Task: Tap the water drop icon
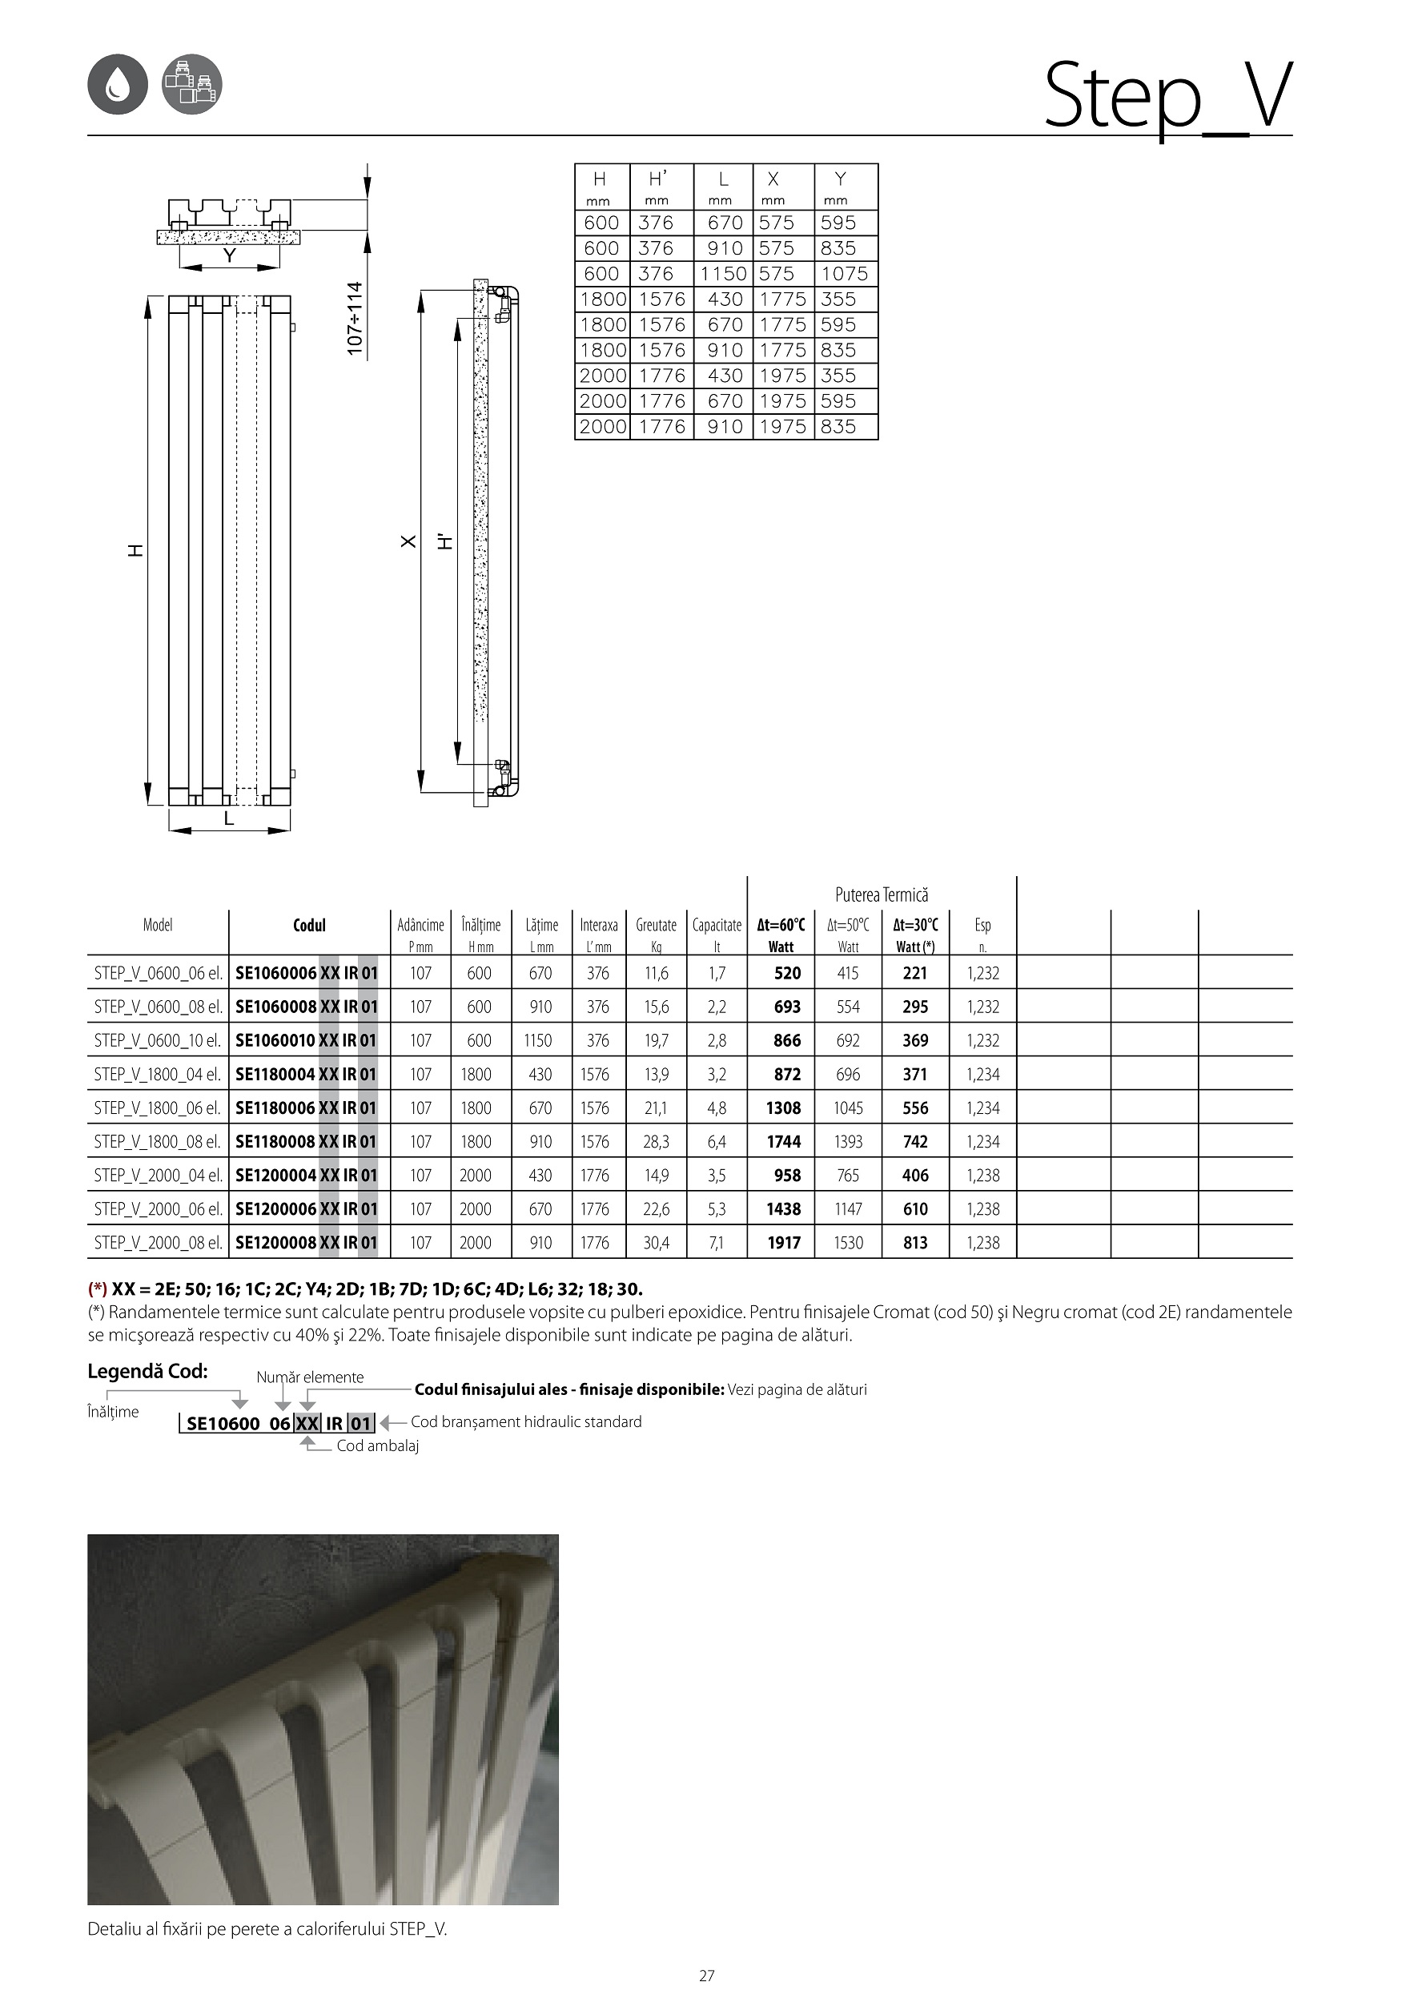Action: pos(117,85)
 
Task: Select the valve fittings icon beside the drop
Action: pos(192,85)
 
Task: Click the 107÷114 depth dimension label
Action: pos(355,317)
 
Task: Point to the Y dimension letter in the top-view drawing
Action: pos(229,255)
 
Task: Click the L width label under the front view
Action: pos(229,818)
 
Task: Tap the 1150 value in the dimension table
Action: pos(724,274)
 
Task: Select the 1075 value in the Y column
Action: pos(844,274)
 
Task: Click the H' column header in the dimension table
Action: pos(658,179)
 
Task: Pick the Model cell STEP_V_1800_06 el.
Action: pos(158,1108)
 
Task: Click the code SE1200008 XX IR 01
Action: pos(307,1243)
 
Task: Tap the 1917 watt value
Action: pos(784,1243)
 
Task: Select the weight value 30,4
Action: pos(656,1243)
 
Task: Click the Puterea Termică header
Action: pos(882,894)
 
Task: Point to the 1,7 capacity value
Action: pos(717,973)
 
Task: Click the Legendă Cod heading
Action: pos(147,1372)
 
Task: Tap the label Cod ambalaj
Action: pos(377,1445)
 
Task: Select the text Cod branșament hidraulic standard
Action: pos(526,1422)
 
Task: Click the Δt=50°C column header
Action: pos(847,925)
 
